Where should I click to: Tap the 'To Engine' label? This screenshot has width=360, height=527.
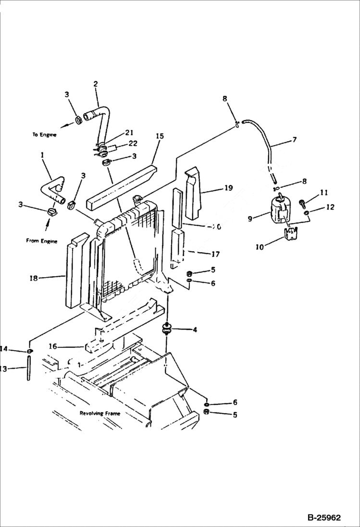tap(45, 135)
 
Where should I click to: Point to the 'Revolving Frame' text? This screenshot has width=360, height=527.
tap(99, 413)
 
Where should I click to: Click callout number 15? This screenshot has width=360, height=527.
tap(160, 136)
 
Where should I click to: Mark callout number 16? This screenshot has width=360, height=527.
tap(53, 346)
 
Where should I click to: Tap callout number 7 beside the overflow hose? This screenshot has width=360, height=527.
tap(294, 140)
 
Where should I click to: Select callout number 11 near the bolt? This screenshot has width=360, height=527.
tap(324, 193)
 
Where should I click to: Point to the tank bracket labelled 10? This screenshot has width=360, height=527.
tap(289, 235)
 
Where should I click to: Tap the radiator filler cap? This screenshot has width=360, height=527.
tap(139, 197)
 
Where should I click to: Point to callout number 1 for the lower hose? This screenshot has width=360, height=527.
tap(42, 156)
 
